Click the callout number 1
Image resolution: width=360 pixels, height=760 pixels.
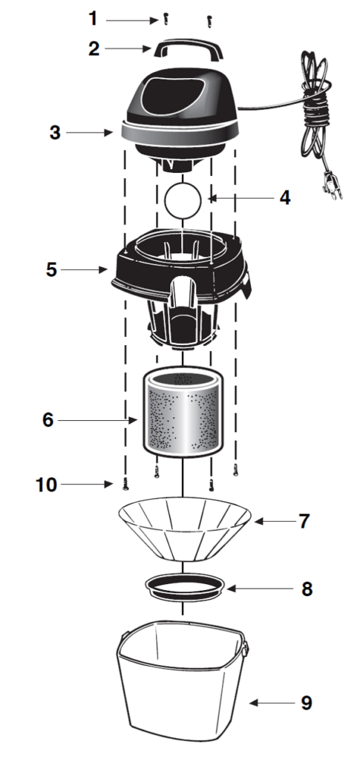[93, 19]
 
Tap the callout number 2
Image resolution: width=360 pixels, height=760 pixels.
[94, 48]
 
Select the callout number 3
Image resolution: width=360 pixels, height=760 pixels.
[55, 132]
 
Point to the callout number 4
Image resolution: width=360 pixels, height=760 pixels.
[284, 197]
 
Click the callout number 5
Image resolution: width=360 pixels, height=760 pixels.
[52, 269]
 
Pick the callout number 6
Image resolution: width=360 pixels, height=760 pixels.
[48, 420]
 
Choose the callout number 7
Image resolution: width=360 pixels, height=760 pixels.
[304, 521]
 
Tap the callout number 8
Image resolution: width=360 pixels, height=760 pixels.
[307, 589]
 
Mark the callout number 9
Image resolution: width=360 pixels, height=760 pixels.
[307, 703]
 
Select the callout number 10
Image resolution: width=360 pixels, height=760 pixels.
[47, 485]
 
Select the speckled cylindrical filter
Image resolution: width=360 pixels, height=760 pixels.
[183, 411]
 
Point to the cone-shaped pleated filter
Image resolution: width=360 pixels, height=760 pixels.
[185, 528]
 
